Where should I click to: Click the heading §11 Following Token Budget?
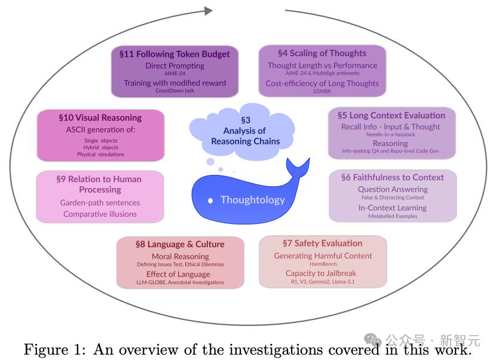coord(174,54)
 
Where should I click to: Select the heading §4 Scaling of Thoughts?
coord(322,53)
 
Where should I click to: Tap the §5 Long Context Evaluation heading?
coord(391,115)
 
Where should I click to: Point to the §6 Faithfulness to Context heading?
coord(393,177)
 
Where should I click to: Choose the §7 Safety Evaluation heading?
coord(322,243)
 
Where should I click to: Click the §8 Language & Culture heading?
coord(180,244)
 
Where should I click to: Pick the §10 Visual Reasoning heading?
coord(100,118)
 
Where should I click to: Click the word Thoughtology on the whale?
coord(252,200)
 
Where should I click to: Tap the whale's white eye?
coord(210,201)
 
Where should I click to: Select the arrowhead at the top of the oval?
coord(208,10)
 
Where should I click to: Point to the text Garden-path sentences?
coord(100,202)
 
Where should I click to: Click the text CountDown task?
coord(174,91)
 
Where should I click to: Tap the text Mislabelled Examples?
coord(393,216)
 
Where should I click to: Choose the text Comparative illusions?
coord(100,214)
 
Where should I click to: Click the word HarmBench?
coord(323,264)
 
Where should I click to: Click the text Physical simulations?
coord(100,154)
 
